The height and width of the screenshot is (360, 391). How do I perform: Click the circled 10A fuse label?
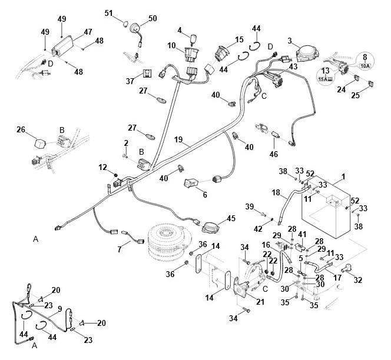365,62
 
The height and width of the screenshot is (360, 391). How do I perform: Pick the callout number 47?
88,32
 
